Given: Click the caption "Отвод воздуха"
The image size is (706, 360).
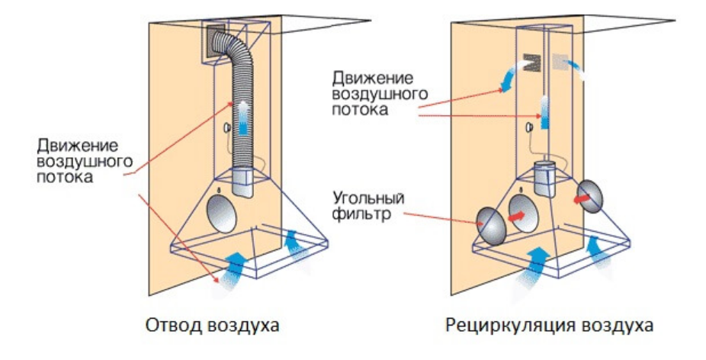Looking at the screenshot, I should pos(211,326).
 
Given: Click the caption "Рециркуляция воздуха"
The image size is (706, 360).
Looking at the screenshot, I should pos(549,326).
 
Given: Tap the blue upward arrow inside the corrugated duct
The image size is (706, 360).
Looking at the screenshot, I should pos(242,117).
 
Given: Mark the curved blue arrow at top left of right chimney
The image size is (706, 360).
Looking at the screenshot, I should pos(508,76).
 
